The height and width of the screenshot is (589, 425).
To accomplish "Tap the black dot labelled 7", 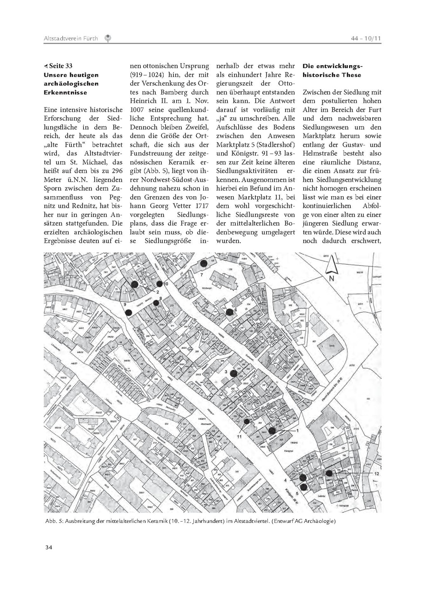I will [203, 263].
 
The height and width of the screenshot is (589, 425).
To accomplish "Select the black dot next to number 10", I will [159, 284].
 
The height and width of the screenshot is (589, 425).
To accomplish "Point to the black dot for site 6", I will [229, 312].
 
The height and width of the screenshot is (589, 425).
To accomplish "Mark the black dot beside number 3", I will [233, 373].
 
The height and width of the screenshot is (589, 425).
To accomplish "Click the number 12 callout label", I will [377, 474].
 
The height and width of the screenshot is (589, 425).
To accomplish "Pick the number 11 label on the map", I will [239, 436].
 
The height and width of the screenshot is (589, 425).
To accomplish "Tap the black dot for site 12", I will [329, 473].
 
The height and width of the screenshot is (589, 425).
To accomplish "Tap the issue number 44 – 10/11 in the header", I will [366, 39].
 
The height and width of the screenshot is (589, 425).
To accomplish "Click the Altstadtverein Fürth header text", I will [71, 39].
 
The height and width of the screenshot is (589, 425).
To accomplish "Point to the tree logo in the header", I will [107, 38].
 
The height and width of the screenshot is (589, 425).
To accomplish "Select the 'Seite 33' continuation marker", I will [58, 66].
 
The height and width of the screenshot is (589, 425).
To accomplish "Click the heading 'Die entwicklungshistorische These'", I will [332, 71].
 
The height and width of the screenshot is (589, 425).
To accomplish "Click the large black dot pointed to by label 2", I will [134, 284].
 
